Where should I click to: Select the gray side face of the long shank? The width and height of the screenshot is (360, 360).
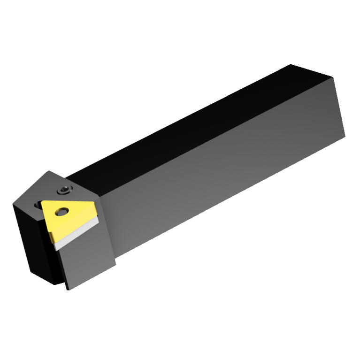[x=225, y=169]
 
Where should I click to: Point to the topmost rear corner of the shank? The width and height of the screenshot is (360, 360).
[x=291, y=64]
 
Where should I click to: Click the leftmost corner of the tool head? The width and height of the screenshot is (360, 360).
[x=14, y=203]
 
